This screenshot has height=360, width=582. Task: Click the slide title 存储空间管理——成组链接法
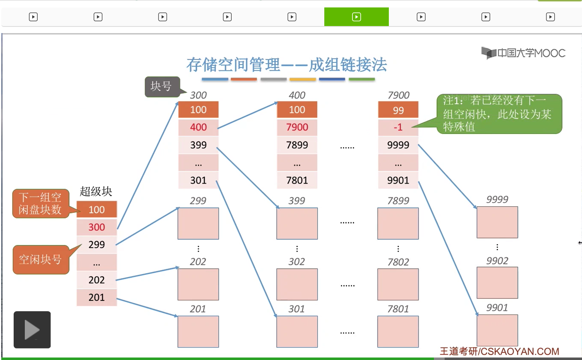click(x=287, y=65)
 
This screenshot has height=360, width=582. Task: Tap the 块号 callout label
click(x=161, y=86)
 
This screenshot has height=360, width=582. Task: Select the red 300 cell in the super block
click(x=97, y=227)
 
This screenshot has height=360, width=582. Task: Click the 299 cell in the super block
click(x=97, y=244)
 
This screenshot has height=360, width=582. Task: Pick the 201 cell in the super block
click(x=97, y=297)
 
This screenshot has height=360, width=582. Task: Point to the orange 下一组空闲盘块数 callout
click(x=40, y=203)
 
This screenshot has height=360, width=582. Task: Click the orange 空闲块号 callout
click(x=40, y=260)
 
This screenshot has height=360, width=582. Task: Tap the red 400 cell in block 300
click(x=199, y=127)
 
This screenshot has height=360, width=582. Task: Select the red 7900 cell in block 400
click(x=297, y=127)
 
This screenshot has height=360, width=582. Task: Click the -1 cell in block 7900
click(x=398, y=127)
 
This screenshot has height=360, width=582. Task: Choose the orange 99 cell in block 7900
click(x=398, y=110)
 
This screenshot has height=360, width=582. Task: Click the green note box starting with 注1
click(x=499, y=114)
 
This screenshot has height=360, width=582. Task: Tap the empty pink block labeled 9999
click(x=497, y=222)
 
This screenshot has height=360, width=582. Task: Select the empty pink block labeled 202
click(x=198, y=284)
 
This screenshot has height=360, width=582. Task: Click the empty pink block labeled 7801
click(x=398, y=331)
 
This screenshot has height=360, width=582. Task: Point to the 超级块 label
click(x=96, y=191)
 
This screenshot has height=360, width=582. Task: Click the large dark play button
click(x=32, y=330)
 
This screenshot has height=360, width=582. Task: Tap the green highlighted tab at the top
click(x=357, y=17)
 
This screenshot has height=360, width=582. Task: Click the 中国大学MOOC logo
click(x=523, y=53)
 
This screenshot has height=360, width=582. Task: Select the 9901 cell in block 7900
click(x=398, y=180)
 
